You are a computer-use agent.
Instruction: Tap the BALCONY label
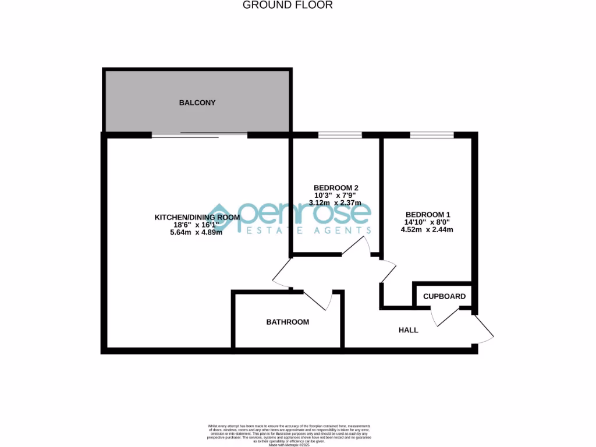[197, 103]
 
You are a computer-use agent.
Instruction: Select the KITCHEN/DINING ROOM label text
[197, 217]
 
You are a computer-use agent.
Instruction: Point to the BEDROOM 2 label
[336, 187]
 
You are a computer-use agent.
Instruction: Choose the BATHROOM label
[288, 322]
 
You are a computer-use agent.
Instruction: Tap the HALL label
[408, 330]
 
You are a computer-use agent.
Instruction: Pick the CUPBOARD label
[444, 296]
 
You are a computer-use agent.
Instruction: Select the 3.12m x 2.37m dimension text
[336, 203]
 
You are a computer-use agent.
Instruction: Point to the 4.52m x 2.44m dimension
[427, 229]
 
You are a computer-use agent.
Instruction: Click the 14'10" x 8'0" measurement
[427, 221]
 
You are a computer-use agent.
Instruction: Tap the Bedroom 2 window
[340, 136]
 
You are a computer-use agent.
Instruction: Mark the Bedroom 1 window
[431, 136]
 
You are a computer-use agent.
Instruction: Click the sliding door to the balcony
[200, 135]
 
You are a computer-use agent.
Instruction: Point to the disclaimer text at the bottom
[289, 433]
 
